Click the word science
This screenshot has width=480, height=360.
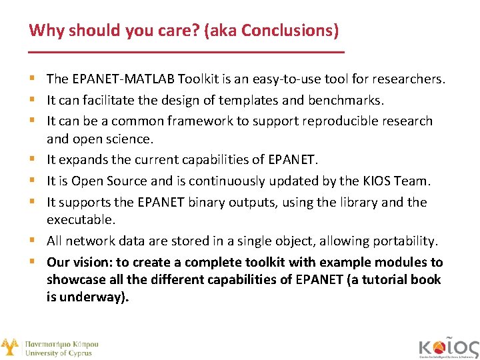coord(133,139)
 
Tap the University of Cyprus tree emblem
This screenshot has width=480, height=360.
coord(9,347)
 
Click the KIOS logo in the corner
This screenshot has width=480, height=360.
coord(448,347)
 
